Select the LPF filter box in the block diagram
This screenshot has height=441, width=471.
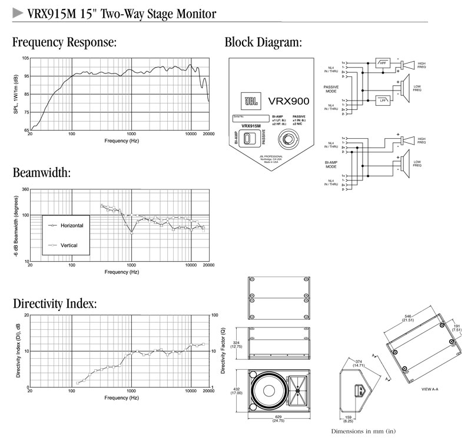point(383,100)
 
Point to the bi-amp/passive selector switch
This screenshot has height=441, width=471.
point(249,139)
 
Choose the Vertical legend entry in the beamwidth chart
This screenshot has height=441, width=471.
point(65,245)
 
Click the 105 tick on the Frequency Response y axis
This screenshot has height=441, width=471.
point(25,58)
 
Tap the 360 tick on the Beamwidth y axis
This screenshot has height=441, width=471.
point(25,189)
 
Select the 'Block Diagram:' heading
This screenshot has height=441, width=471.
point(263,42)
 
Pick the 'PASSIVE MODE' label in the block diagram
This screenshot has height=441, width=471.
point(331,89)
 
